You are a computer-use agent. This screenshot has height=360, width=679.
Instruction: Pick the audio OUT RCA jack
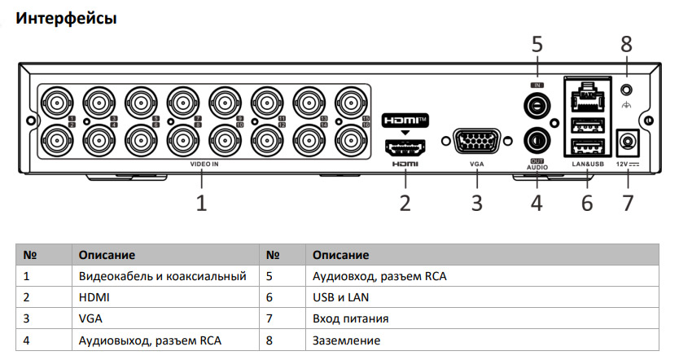(537, 140)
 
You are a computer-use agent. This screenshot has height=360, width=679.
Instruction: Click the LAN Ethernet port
(587, 98)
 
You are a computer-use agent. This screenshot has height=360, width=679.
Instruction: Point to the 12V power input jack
(627, 143)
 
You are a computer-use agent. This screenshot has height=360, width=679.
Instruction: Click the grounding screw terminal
(626, 90)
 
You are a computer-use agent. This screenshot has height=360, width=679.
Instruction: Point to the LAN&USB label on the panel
(587, 165)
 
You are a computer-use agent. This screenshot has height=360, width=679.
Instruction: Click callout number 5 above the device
(537, 44)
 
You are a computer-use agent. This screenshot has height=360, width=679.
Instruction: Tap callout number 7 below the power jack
(627, 202)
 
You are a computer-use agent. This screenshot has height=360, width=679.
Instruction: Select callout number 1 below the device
(200, 202)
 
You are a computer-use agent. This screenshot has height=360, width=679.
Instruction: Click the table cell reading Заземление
(346, 340)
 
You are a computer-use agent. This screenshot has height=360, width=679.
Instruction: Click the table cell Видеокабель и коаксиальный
(163, 276)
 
